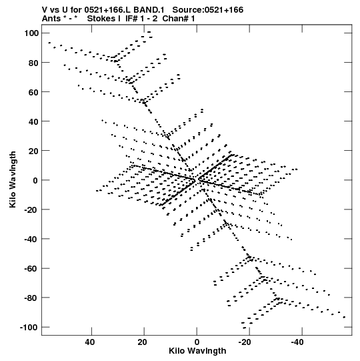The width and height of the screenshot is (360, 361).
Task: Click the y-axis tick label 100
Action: (x=31, y=33)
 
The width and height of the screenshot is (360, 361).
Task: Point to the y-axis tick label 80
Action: (x=33, y=63)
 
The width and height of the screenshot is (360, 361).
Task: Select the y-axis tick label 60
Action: (x=33, y=92)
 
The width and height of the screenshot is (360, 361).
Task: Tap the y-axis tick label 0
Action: (x=35, y=180)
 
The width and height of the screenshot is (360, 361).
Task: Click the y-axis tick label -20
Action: (x=31, y=210)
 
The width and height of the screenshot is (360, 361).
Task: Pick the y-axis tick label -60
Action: (x=31, y=269)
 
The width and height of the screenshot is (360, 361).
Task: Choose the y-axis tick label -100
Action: (x=29, y=328)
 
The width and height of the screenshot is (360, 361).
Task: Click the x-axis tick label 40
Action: (x=90, y=342)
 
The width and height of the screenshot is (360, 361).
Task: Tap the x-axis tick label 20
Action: (x=142, y=342)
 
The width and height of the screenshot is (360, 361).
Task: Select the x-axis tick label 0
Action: (x=197, y=342)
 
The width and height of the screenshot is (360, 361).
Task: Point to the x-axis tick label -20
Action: (x=244, y=342)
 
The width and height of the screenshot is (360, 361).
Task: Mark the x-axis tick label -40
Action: (x=297, y=342)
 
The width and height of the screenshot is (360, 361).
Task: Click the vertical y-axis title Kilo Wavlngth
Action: (x=13, y=179)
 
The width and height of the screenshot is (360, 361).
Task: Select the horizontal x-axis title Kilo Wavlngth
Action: (x=197, y=351)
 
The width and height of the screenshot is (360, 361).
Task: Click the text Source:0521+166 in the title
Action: (x=208, y=10)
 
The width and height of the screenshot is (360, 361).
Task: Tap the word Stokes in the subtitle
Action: (x=101, y=19)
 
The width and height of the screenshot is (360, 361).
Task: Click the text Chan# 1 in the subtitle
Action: (x=178, y=19)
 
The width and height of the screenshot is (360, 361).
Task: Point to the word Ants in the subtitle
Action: (x=51, y=19)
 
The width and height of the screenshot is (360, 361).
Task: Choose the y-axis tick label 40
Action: (x=33, y=121)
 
